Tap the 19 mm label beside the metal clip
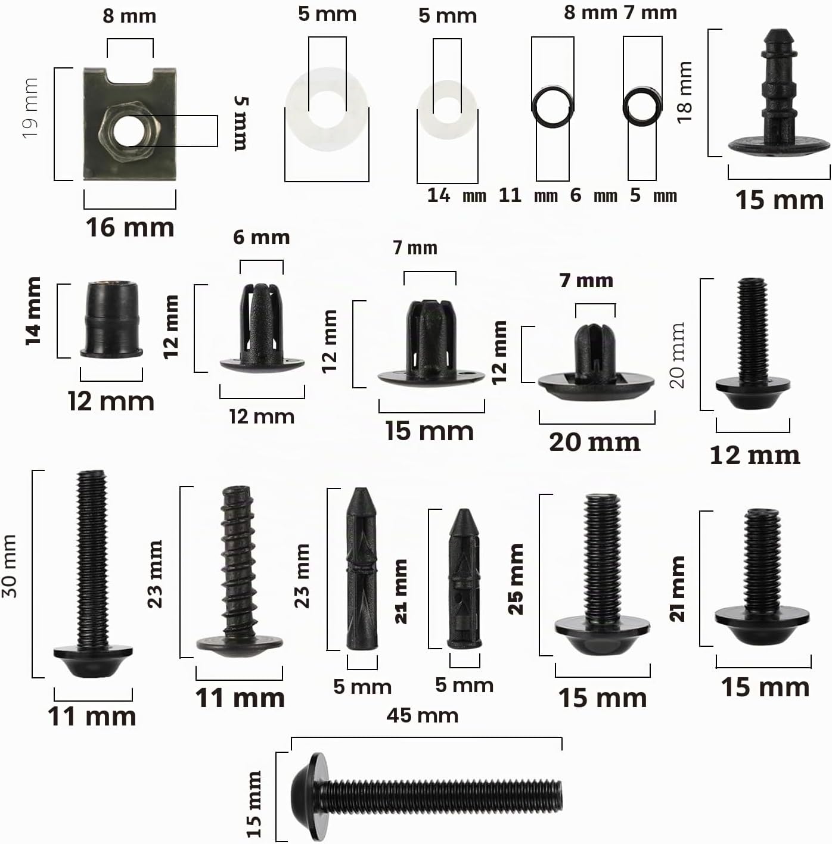tap(30, 108)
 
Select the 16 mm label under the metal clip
tap(130, 228)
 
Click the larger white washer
tap(327, 109)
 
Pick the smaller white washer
tap(447, 110)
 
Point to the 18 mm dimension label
tap(684, 92)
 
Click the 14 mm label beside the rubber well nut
tap(33, 311)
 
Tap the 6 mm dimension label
tap(261, 238)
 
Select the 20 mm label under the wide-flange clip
tap(594, 443)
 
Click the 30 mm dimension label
tap(9, 566)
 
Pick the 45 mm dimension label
tap(422, 716)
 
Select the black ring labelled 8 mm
tap(552, 107)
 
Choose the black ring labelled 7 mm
tap(642, 107)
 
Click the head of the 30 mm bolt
tap(93, 662)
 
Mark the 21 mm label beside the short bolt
tap(677, 589)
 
